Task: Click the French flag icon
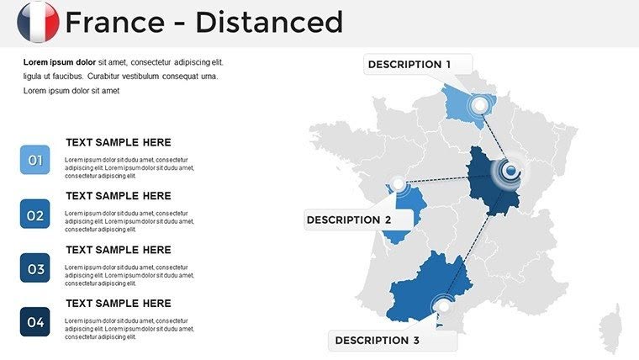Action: pos(38,22)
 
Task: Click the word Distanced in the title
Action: pos(269,22)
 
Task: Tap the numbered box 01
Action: pos(35,160)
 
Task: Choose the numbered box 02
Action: pos(35,214)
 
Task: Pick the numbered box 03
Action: pos(35,268)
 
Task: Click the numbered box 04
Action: pos(35,321)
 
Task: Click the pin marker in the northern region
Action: pos(480,106)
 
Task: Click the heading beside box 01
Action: pos(118,143)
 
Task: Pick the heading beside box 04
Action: pos(118,304)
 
